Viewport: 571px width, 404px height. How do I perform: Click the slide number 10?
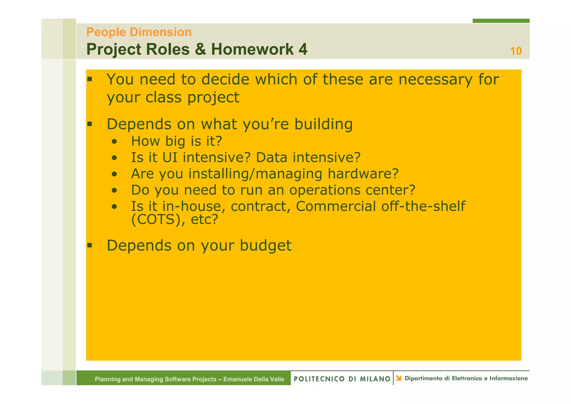[516, 51]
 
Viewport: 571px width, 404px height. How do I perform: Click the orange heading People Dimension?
[139, 32]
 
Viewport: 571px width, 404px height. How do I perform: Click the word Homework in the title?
[252, 49]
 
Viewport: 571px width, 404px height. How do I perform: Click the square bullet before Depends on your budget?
[89, 245]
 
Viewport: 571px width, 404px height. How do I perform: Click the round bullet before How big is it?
[114, 141]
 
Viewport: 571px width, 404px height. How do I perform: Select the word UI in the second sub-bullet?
[170, 157]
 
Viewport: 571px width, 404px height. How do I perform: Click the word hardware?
[363, 174]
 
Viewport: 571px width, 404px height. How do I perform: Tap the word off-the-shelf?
[423, 206]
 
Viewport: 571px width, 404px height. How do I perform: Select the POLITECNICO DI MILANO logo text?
[342, 379]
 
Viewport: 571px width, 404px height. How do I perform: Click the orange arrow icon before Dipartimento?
[399, 378]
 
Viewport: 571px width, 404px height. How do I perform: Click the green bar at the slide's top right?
[501, 21]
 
